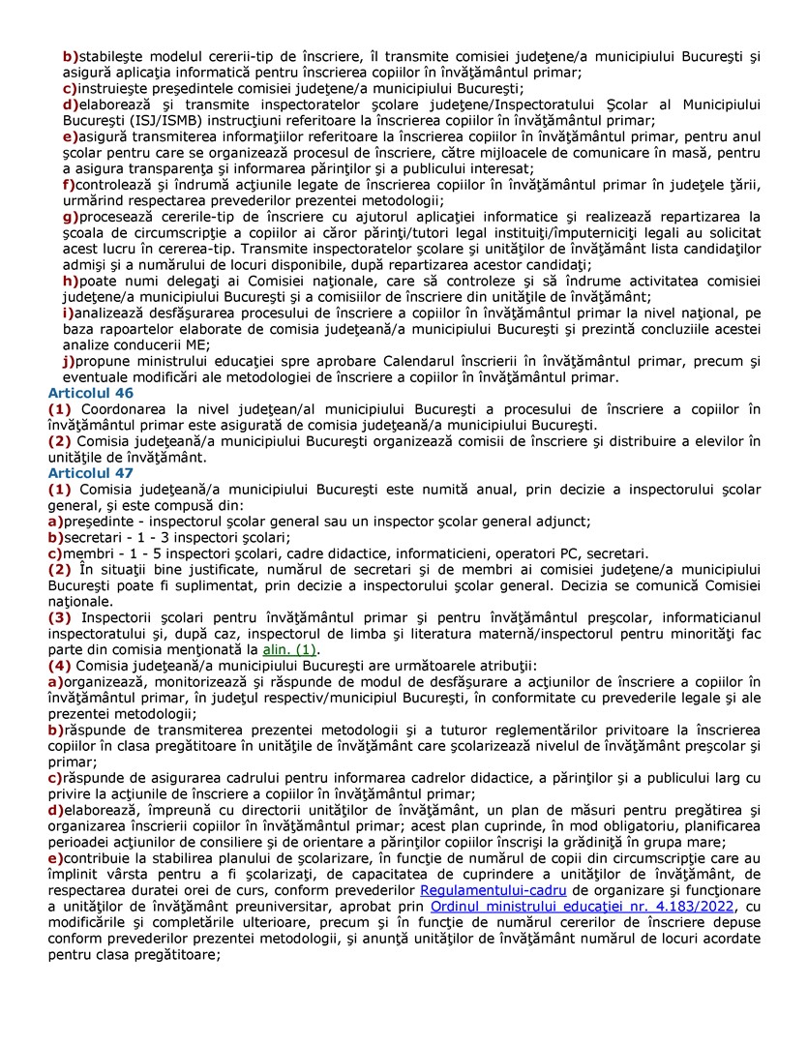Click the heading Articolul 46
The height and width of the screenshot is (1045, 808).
[90, 394]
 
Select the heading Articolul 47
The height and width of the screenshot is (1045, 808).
[90, 473]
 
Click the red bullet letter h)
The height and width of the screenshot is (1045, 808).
[70, 282]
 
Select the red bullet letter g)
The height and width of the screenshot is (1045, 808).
[70, 217]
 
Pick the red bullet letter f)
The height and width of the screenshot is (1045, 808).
[68, 185]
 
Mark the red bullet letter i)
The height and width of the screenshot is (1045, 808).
[68, 313]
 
